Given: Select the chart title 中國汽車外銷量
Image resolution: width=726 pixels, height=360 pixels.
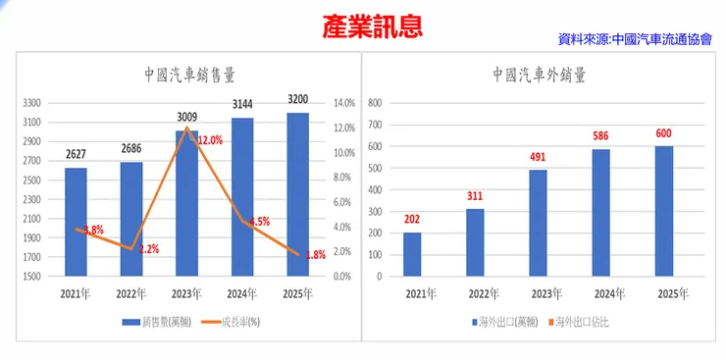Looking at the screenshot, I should pyautogui.click(x=540, y=75).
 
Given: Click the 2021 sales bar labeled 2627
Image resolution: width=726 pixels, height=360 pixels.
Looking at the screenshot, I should pyautogui.click(x=76, y=222).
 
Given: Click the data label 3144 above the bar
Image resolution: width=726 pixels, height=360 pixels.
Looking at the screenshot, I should pyautogui.click(x=241, y=104).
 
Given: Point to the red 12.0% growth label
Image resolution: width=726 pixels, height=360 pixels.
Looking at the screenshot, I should pyautogui.click(x=209, y=140).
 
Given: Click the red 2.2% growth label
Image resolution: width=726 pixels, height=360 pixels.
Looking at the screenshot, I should pyautogui.click(x=148, y=249).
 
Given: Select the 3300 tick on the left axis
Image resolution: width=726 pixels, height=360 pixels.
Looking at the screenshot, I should pyautogui.click(x=32, y=103).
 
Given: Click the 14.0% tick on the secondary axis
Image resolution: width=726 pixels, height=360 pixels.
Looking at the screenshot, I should pyautogui.click(x=343, y=103).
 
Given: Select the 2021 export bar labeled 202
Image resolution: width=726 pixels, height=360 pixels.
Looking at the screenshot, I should pyautogui.click(x=412, y=254).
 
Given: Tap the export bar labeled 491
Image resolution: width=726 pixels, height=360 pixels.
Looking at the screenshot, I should pyautogui.click(x=538, y=223).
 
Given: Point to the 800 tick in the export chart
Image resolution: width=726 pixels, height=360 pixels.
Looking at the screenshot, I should pyautogui.click(x=375, y=103).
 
